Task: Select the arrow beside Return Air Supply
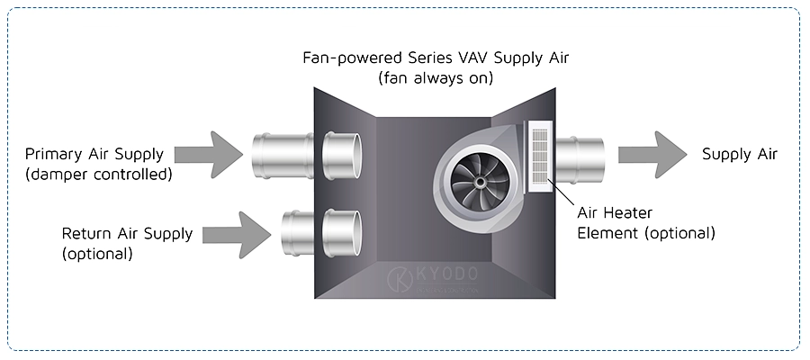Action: (238, 235)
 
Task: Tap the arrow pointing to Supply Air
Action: (653, 154)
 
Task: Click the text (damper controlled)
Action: (98, 174)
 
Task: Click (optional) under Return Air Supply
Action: (97, 254)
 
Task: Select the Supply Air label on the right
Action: (740, 154)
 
